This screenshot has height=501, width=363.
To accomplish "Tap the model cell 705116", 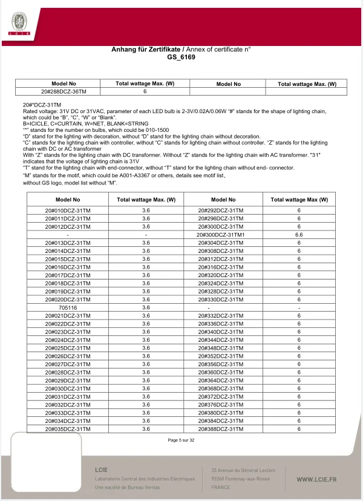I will (67, 307).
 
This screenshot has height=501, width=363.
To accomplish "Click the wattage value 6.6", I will (298, 234).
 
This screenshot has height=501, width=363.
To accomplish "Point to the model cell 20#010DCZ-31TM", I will (67, 209).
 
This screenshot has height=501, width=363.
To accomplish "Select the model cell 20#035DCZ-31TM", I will (67, 429).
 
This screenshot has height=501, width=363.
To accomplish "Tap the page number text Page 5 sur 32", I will (181, 440).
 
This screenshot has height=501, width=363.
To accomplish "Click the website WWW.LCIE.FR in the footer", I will (316, 479).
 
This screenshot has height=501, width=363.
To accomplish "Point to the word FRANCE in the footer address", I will (220, 486).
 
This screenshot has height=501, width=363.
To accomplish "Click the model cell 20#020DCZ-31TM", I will (67, 299).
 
